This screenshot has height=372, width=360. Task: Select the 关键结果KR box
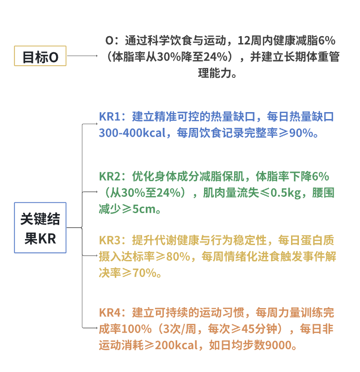(40, 227)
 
